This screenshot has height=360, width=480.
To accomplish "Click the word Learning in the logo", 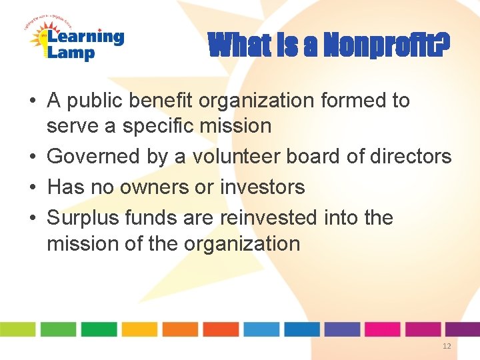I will (85, 37).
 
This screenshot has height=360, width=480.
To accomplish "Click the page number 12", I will (446, 346).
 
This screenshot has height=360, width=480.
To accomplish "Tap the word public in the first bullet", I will (99, 101).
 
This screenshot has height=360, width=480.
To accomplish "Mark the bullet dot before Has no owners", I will (32, 188).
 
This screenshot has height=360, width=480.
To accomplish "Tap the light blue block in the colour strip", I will (261, 329).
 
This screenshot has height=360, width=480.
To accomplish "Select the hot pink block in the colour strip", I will (382, 329).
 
